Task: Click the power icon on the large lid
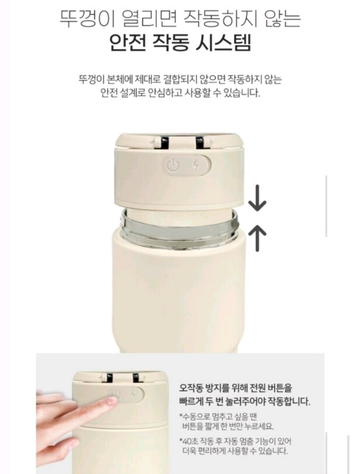tap(173, 166)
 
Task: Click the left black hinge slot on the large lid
tap(163, 142)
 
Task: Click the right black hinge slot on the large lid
tap(199, 142)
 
